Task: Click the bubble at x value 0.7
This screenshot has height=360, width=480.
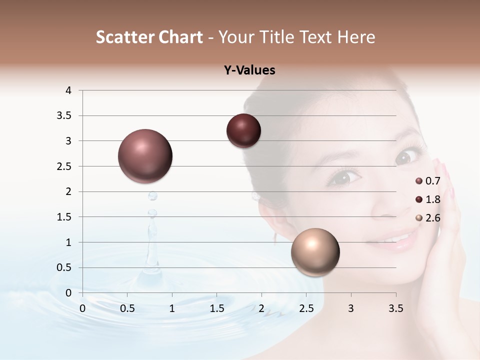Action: tap(145, 156)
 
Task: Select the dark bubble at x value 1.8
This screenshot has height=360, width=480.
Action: tap(243, 131)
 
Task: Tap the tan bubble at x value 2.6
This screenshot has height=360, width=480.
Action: tap(315, 252)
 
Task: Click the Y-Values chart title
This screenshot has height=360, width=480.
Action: tap(249, 70)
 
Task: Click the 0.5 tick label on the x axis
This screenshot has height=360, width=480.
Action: tap(127, 308)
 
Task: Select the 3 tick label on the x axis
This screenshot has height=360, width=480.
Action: tap(351, 308)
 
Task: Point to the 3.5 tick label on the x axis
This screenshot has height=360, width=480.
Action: tap(395, 308)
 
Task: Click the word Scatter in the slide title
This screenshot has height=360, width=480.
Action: tap(123, 37)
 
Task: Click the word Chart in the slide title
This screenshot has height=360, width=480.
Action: tap(179, 37)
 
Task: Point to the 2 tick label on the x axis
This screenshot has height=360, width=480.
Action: tap(261, 308)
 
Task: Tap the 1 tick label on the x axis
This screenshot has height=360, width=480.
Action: tap(172, 308)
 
